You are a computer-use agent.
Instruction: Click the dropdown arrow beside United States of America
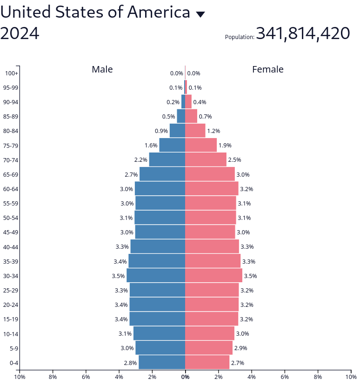[x=200, y=14]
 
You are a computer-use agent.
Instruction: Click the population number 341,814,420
[x=303, y=33]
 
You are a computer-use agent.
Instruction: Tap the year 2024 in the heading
[x=20, y=33]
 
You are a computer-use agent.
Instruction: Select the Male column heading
[x=102, y=69]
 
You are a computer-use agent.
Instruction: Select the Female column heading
[x=268, y=69]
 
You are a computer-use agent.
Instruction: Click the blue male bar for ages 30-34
[x=156, y=276]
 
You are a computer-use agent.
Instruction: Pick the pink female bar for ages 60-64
[x=212, y=189]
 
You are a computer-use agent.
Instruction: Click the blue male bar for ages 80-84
[x=177, y=131]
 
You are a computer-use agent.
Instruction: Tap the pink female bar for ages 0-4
[x=207, y=363]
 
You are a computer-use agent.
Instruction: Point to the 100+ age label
[x=12, y=73]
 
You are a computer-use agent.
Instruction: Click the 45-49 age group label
[x=11, y=232]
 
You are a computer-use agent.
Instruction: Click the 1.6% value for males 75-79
[x=151, y=146]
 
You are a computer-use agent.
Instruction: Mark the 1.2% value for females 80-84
[x=213, y=131]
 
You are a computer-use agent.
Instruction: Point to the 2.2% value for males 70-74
[x=141, y=160]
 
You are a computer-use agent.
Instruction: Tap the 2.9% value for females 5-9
[x=240, y=348]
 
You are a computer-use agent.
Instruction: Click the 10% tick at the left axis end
[x=20, y=377]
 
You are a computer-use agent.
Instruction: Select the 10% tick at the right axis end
[x=351, y=377]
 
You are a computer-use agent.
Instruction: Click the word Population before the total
[x=240, y=37]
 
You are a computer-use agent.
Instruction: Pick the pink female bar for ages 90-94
[x=188, y=102]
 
